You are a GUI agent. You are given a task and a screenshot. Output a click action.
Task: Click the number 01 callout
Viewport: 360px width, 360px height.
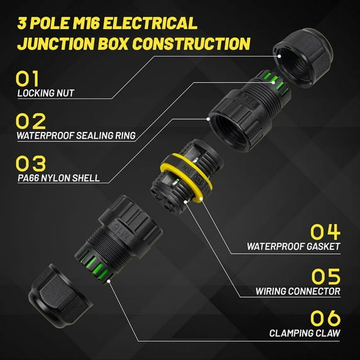click(x=27, y=78)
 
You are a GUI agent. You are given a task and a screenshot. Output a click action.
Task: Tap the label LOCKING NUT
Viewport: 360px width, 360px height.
click(x=46, y=93)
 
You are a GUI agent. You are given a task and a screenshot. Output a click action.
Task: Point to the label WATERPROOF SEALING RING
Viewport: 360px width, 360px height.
click(x=76, y=136)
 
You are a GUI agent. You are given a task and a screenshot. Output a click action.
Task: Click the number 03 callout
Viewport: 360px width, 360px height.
click(x=31, y=163)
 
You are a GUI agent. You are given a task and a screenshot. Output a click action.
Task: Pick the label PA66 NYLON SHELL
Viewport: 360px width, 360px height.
click(x=58, y=178)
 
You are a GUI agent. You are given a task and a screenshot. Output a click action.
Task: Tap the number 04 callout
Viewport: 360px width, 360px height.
click(x=325, y=232)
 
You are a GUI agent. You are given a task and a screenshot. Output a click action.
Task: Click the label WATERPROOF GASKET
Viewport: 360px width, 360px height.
click(x=293, y=246)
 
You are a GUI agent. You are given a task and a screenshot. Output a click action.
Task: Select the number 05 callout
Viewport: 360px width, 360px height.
click(x=325, y=276)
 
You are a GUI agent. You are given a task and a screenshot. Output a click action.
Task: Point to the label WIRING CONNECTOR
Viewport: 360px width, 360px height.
click(x=298, y=291)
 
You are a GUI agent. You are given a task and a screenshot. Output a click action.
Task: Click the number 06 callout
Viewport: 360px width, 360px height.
click(x=325, y=318)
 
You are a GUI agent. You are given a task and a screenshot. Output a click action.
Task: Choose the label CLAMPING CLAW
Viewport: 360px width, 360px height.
click(x=305, y=333)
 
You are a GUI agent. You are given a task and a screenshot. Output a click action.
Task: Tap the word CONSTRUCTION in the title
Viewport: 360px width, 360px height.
click(x=191, y=43)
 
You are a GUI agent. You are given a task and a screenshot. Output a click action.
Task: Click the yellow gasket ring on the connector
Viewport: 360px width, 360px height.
click(x=187, y=177)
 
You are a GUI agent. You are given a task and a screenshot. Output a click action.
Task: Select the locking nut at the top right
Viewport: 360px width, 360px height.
click(x=303, y=57)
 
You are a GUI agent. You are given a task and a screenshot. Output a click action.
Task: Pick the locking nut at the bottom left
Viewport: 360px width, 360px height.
click(x=60, y=296)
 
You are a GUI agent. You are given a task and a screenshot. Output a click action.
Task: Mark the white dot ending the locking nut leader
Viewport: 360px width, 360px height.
click(x=279, y=56)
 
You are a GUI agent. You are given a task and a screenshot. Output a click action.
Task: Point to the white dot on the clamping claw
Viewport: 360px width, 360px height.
click(x=109, y=281)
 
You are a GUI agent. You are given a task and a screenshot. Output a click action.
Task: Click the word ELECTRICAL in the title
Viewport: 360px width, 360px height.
click(x=150, y=23)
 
